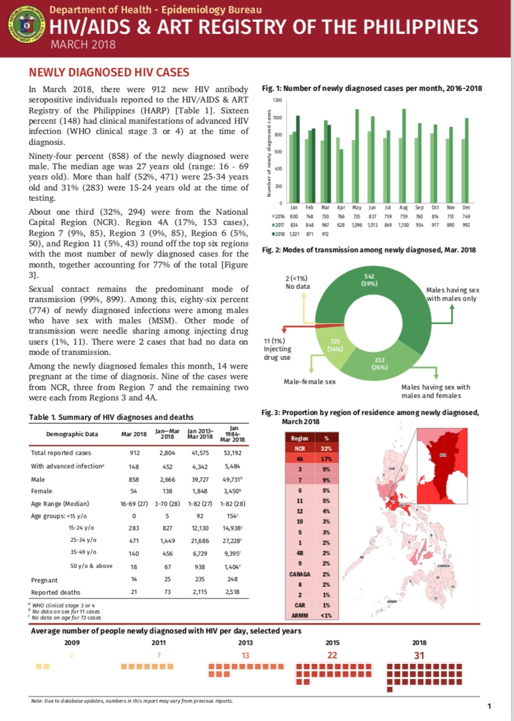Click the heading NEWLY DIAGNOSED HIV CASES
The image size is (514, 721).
(x=109, y=72)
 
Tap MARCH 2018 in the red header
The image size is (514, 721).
(x=83, y=44)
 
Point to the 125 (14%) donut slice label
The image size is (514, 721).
(x=333, y=345)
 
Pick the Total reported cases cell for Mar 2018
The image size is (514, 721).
(x=135, y=453)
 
